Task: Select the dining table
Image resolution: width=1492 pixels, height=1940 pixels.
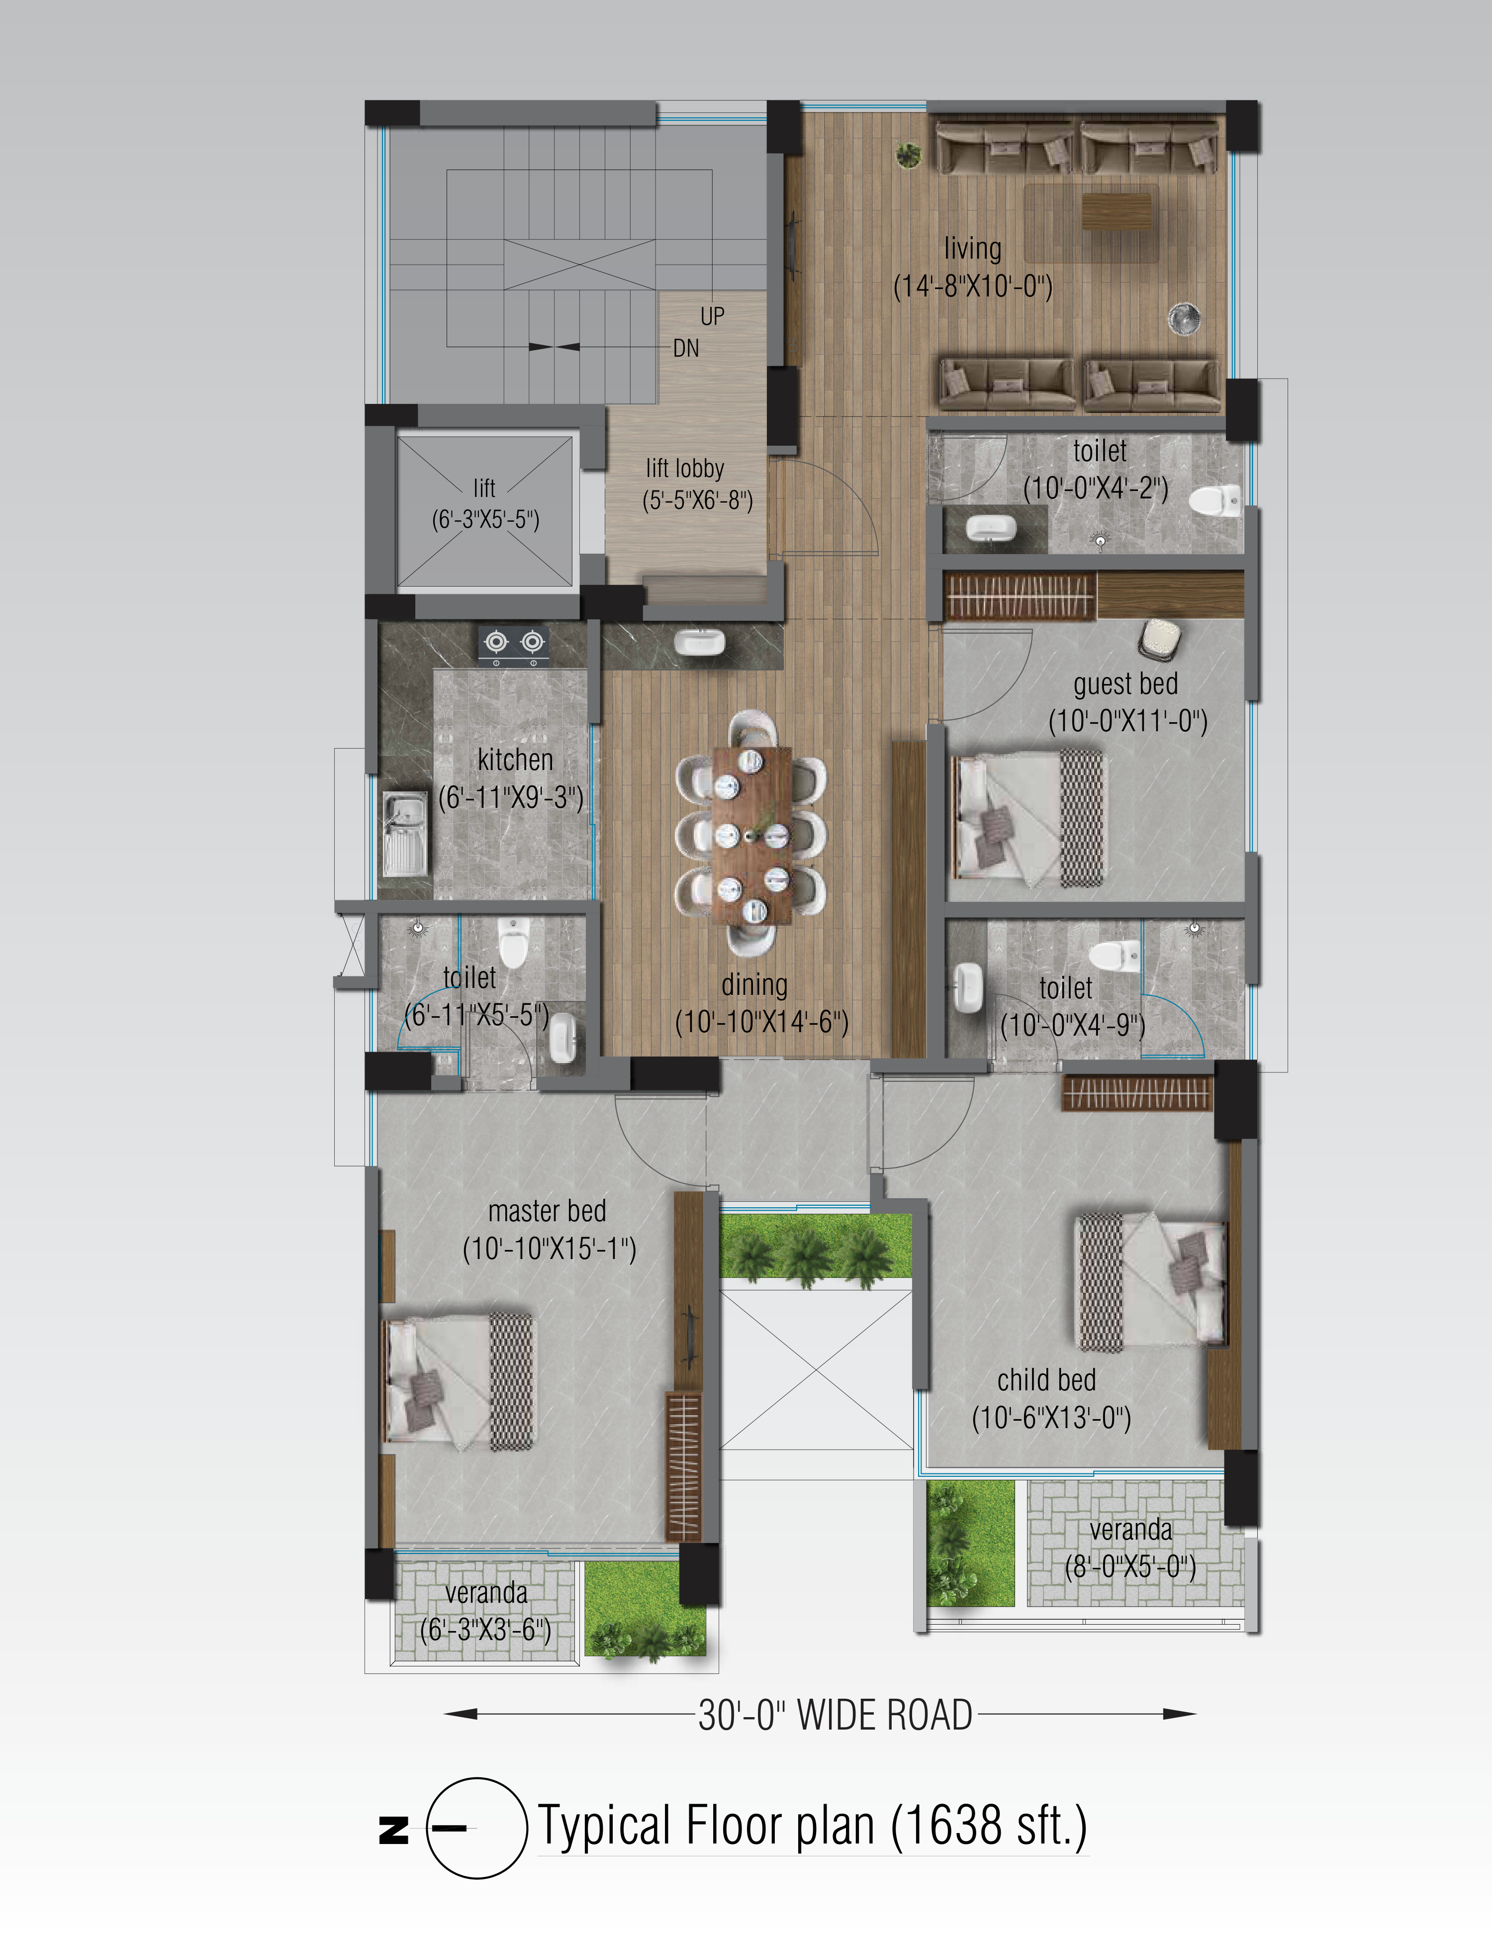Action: pyautogui.click(x=752, y=836)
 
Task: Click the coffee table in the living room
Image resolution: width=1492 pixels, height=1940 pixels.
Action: pyautogui.click(x=1117, y=211)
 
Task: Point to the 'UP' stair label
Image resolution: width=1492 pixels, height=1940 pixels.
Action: pyautogui.click(x=712, y=316)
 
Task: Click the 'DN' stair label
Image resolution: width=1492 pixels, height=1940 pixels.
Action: pyautogui.click(x=686, y=348)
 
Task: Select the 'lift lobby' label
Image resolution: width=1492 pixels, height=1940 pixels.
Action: pyautogui.click(x=685, y=468)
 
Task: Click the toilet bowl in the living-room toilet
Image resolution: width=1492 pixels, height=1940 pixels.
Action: pyautogui.click(x=1213, y=499)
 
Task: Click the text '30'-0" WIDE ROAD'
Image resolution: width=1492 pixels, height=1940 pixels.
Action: pyautogui.click(x=835, y=1714)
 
